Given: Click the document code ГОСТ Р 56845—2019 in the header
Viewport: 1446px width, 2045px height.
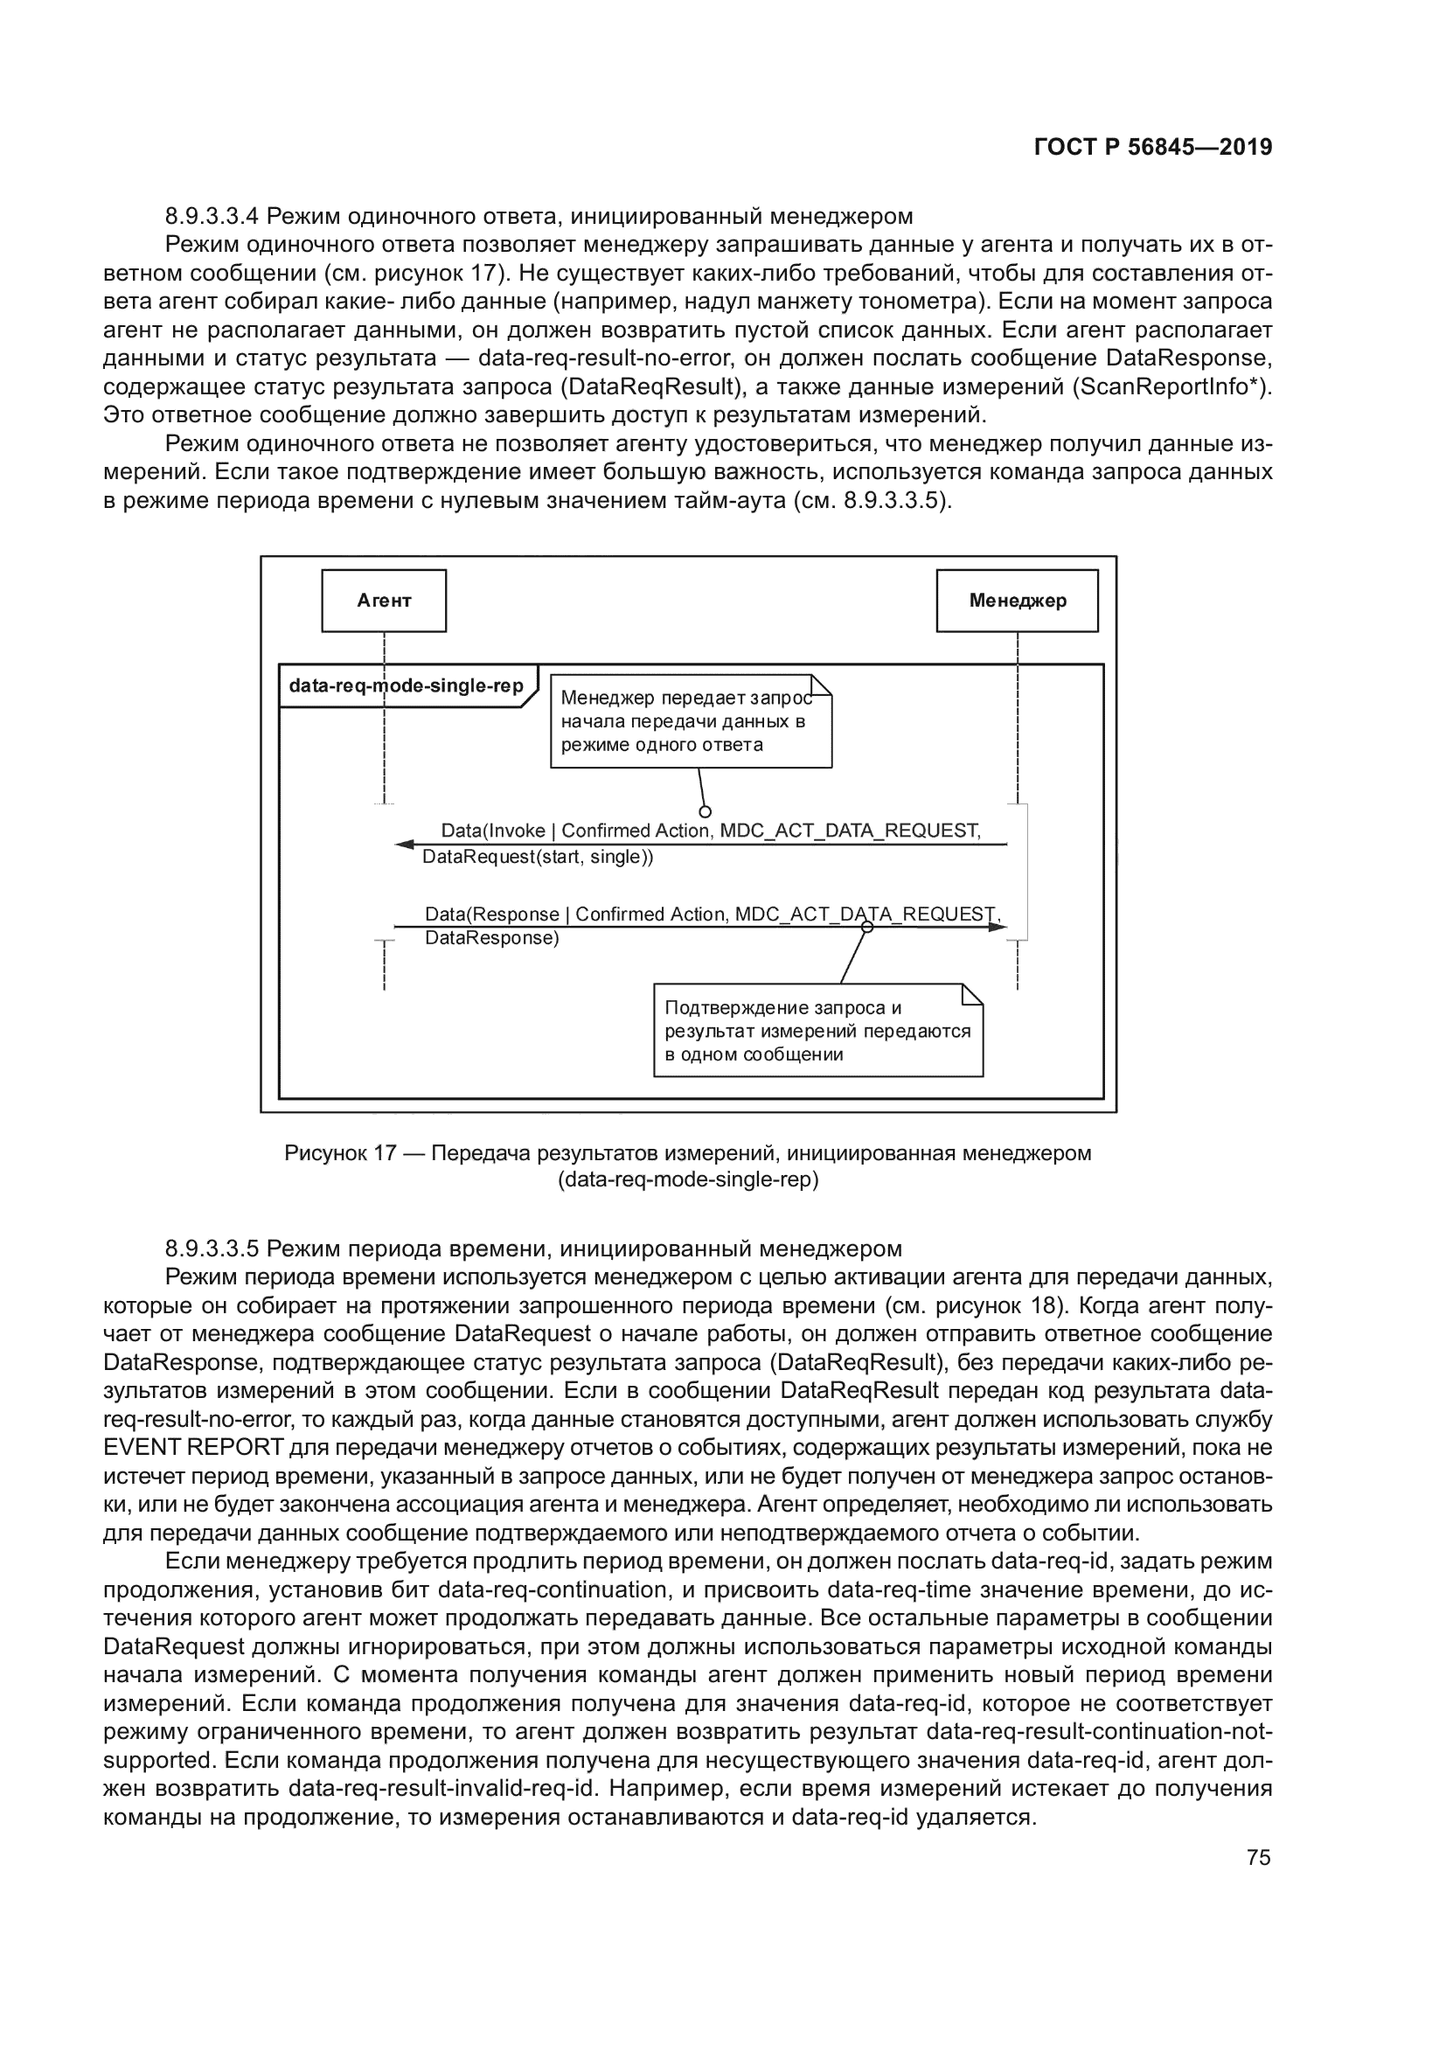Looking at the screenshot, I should coord(1153,147).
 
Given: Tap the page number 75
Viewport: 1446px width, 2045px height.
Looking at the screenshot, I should coord(1258,1857).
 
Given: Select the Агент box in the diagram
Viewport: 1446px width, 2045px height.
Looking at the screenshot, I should coord(384,601).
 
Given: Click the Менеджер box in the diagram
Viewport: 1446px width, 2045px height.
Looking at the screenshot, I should coord(1017,601).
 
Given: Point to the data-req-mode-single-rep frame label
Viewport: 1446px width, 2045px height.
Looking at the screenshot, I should coord(406,685).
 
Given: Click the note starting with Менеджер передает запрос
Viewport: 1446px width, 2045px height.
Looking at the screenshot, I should coord(691,721).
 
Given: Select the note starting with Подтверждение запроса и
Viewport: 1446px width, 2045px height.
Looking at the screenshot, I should coord(817,1031).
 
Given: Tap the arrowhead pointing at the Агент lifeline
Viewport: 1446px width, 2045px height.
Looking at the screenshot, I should coord(405,845).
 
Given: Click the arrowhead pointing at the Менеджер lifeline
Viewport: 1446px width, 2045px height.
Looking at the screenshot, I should coord(998,927).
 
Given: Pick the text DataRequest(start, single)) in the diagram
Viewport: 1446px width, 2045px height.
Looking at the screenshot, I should coord(538,858).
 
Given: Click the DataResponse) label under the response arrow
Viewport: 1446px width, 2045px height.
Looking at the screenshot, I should coord(491,938).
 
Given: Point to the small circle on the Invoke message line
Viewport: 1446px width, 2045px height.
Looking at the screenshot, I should coord(706,811).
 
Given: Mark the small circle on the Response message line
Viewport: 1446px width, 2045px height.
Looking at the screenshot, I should coord(867,927).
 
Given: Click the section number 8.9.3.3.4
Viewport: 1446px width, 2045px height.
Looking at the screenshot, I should coord(212,217).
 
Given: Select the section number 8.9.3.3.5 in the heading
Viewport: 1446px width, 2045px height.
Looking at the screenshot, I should coord(212,1249).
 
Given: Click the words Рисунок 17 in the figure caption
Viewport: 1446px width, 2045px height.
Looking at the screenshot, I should coord(339,1153).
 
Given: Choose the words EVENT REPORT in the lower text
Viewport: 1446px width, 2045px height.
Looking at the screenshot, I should coord(193,1447).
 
